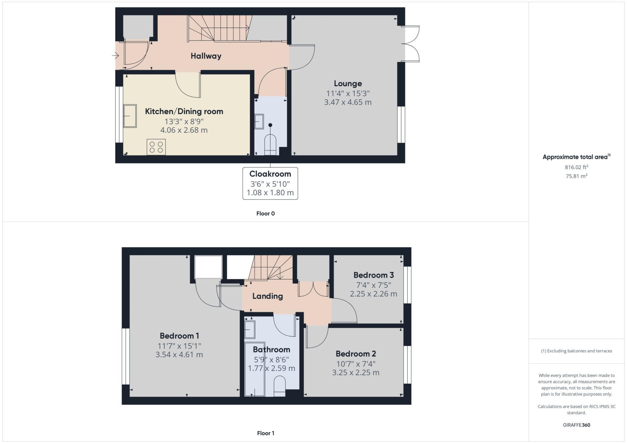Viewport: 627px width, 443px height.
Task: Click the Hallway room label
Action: click(x=206, y=56)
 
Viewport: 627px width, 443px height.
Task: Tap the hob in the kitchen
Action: click(x=156, y=147)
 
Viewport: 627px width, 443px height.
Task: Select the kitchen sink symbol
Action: click(x=130, y=116)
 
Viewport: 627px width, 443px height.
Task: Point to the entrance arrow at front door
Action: click(x=115, y=56)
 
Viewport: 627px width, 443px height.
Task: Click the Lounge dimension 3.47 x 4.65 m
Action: click(x=348, y=102)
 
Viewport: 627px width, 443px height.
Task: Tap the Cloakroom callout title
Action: click(x=270, y=174)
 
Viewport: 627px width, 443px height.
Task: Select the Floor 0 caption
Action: click(x=265, y=214)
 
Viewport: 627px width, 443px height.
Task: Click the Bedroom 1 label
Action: click(x=179, y=336)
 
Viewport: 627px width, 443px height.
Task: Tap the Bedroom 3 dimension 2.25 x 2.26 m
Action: click(x=374, y=294)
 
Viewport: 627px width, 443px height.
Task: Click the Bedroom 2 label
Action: click(x=356, y=354)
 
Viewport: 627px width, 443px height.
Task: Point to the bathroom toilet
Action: click(x=280, y=386)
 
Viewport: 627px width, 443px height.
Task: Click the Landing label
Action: click(x=268, y=296)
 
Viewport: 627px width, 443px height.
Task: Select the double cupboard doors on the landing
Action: click(x=313, y=289)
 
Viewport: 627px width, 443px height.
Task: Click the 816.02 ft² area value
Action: click(x=576, y=167)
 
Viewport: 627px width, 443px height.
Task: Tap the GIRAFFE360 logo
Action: click(x=576, y=425)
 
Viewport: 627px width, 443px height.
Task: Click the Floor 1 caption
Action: click(x=265, y=433)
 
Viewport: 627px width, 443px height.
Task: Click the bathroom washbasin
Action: click(x=250, y=329)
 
